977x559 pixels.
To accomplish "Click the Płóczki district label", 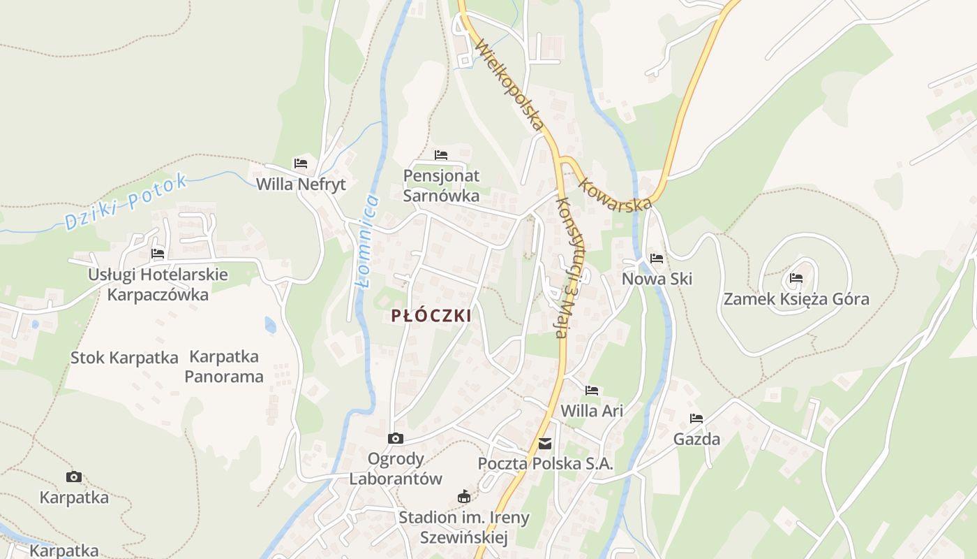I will pos(431,316).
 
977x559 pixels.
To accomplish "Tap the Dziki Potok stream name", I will pos(126,202).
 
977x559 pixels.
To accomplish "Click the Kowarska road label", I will pos(615,192).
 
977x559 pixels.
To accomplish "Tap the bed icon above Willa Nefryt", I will pos(301,164).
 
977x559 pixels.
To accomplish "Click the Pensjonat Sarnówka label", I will pos(441,186).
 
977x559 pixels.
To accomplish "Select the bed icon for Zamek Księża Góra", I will pos(796,278).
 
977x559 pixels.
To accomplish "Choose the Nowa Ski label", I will pos(657,279).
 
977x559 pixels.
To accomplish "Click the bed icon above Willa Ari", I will pos(592,390).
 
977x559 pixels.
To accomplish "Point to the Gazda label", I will pos(696,440).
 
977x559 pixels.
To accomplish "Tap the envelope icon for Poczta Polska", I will pos(545,444).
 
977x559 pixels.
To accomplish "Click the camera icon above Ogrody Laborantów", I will pos(396,439).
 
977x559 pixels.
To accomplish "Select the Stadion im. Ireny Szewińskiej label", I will pos(464,528).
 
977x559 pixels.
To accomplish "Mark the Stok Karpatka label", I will pos(124,358).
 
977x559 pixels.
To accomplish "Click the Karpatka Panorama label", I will pos(224,367).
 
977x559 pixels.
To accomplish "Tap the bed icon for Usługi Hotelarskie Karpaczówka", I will pos(158,254).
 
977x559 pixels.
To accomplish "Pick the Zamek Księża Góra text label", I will pos(796,300).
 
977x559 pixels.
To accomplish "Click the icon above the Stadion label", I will pos(463,497).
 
